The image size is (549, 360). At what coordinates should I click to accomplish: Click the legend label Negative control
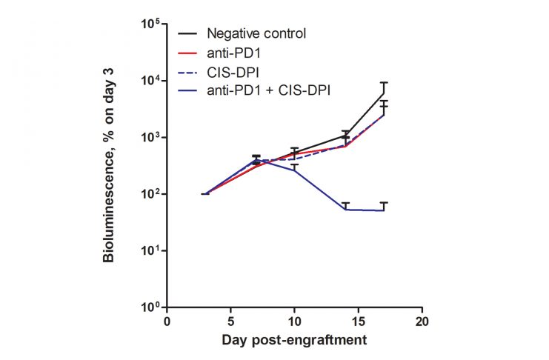pos(256,33)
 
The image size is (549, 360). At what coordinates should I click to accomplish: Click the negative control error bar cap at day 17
pos(384,83)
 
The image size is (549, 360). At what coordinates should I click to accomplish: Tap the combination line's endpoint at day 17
pos(384,210)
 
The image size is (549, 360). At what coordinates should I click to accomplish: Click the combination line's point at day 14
pos(345,210)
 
